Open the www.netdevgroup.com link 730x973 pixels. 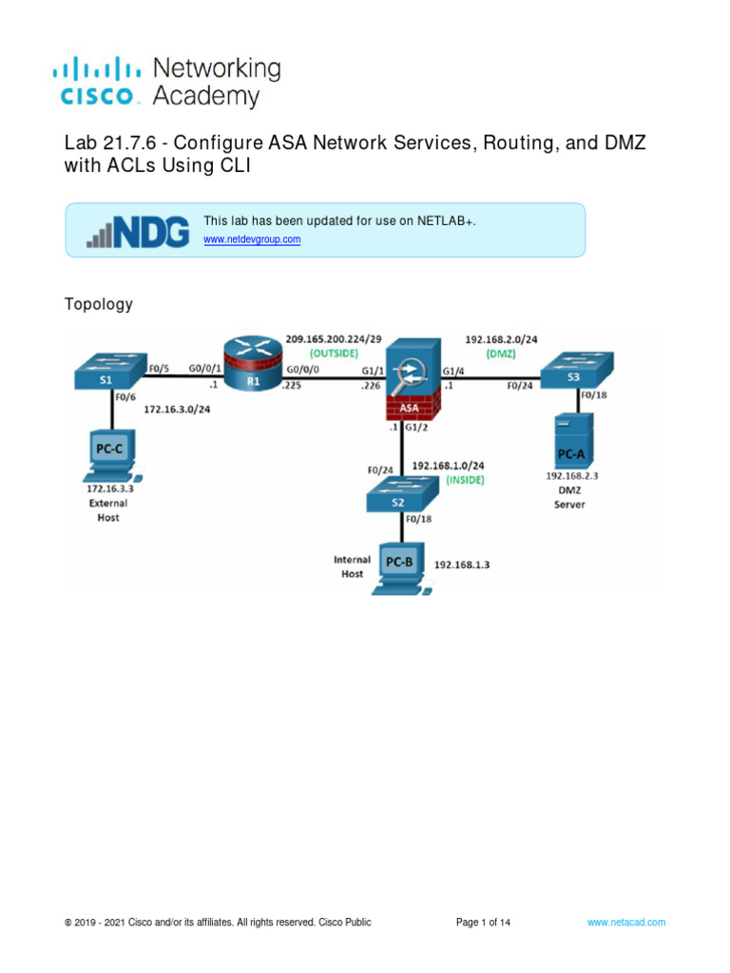pos(252,239)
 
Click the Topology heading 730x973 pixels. pos(99,305)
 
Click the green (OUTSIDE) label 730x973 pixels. pos(328,353)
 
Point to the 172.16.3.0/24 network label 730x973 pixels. pos(178,411)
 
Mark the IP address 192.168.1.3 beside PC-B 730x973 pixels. pos(469,564)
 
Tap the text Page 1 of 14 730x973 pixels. pos(484,923)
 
